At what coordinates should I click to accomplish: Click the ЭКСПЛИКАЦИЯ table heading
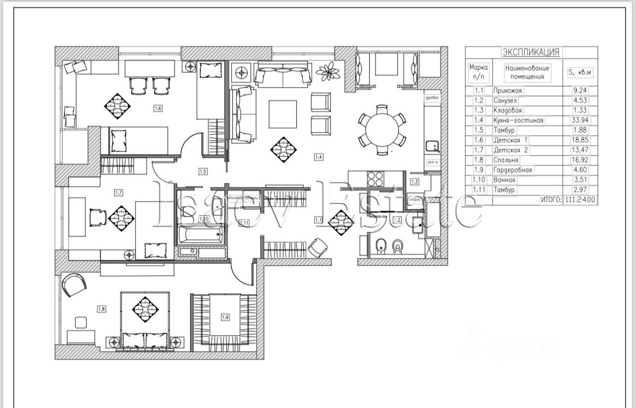point(530,52)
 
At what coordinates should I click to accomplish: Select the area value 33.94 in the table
point(580,120)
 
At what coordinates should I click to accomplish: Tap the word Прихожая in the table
point(509,91)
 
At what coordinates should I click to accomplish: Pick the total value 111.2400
point(580,200)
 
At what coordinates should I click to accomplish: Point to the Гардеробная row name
point(513,170)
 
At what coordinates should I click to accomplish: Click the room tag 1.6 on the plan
point(158,108)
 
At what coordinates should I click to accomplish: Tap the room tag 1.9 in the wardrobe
point(225,318)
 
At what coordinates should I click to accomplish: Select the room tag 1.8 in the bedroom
point(101,309)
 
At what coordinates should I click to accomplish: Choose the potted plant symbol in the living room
point(327,71)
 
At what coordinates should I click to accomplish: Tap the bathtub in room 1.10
point(200,235)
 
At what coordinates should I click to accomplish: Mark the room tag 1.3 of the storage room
point(415,181)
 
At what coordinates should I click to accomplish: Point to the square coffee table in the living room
point(283,114)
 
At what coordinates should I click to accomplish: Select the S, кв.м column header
point(580,72)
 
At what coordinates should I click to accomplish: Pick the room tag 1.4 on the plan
point(318,157)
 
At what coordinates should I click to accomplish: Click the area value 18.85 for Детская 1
point(580,140)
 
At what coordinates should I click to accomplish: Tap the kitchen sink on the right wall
point(432,147)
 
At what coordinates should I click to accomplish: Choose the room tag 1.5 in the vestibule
point(203,172)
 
